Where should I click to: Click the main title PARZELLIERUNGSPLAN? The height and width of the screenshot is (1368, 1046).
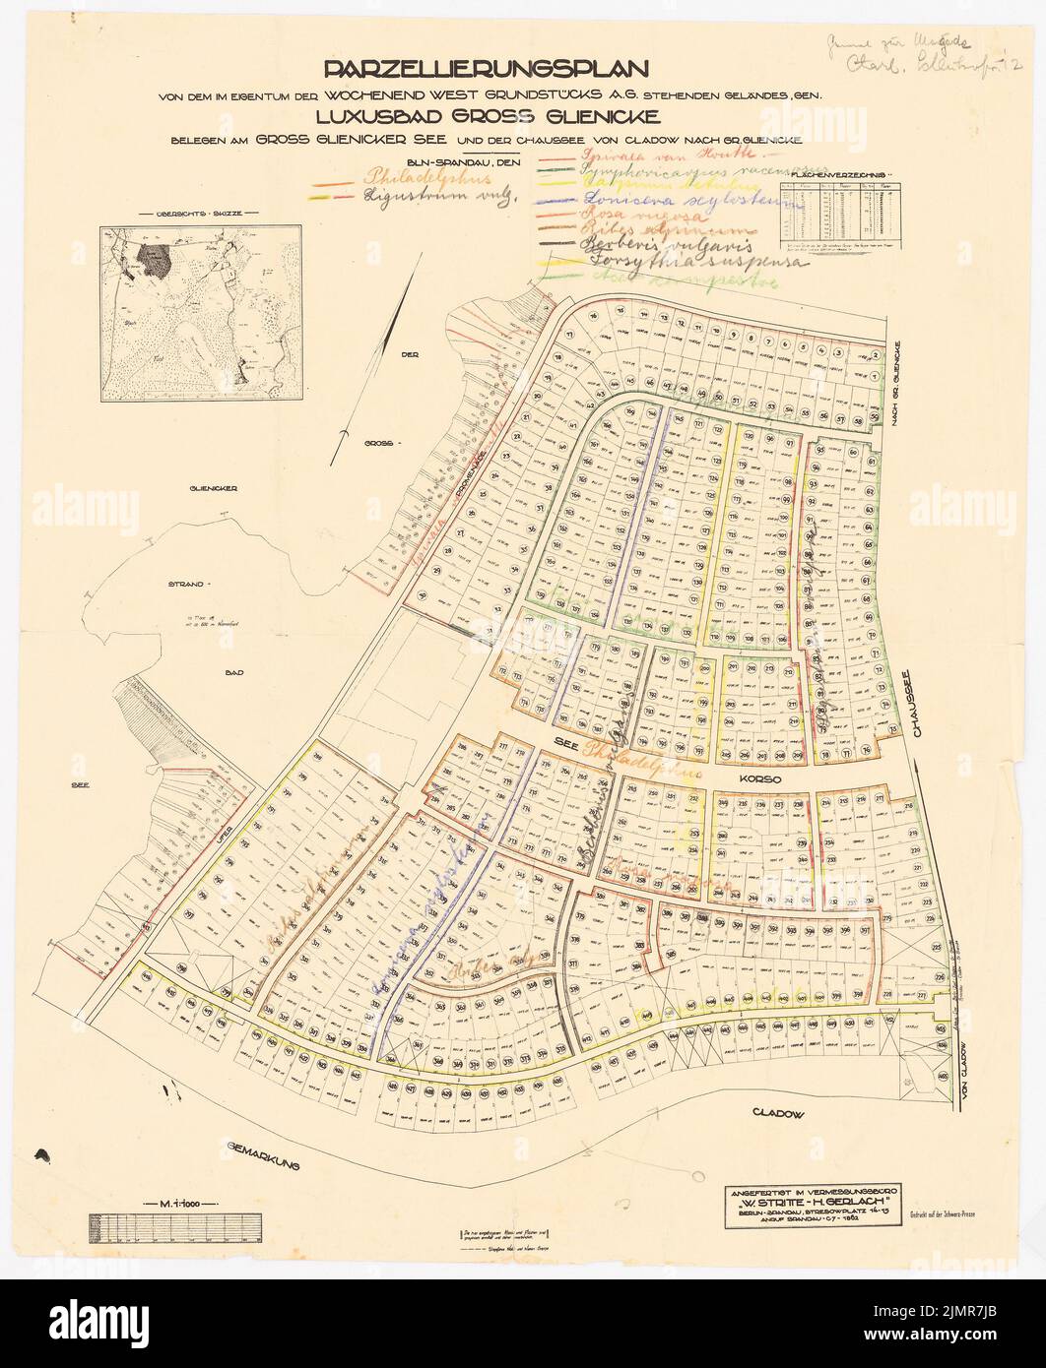(x=485, y=70)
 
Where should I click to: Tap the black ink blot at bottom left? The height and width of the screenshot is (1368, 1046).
(x=43, y=1154)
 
